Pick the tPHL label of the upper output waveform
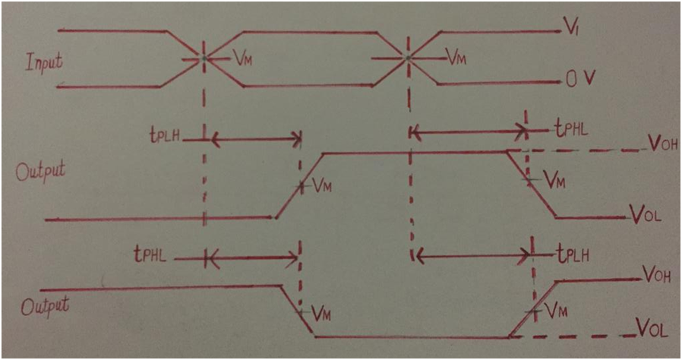(x=569, y=131)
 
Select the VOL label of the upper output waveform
(x=646, y=216)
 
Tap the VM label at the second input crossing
(x=456, y=57)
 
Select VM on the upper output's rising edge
(x=322, y=184)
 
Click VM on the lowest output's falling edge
(x=322, y=311)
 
